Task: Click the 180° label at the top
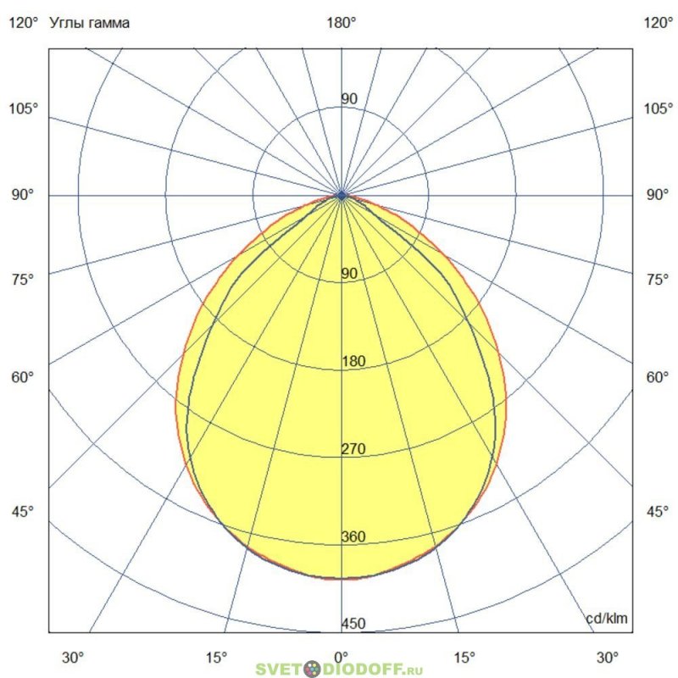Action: [x=342, y=24]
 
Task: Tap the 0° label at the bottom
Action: [x=342, y=657]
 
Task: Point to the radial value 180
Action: [x=353, y=362]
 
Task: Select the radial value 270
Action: [x=353, y=449]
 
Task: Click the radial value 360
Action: [x=353, y=536]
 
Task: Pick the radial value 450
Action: [x=353, y=625]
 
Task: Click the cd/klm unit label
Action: [x=607, y=620]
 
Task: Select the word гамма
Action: [x=113, y=24]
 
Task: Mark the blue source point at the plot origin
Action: [x=342, y=195]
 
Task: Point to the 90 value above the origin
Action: [x=349, y=99]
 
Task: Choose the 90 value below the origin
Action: [x=349, y=274]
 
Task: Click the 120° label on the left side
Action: [x=23, y=24]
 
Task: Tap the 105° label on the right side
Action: [x=659, y=108]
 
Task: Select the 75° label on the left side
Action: [x=23, y=280]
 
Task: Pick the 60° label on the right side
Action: [x=659, y=377]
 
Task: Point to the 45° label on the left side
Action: [x=23, y=512]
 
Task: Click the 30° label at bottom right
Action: [x=607, y=657]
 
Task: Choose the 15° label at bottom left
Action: [x=217, y=657]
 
